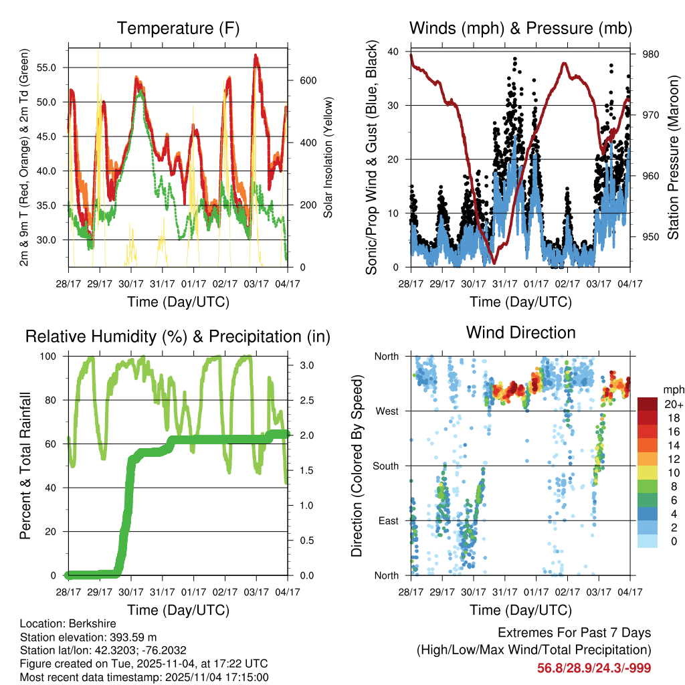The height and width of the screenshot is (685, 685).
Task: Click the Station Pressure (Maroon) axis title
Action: click(673, 158)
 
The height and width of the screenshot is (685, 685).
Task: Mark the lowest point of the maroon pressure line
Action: click(494, 263)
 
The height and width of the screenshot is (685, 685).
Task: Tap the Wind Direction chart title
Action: click(520, 332)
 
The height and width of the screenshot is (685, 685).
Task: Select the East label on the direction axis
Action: click(387, 520)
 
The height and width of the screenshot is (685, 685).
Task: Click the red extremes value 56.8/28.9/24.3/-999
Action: click(594, 668)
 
